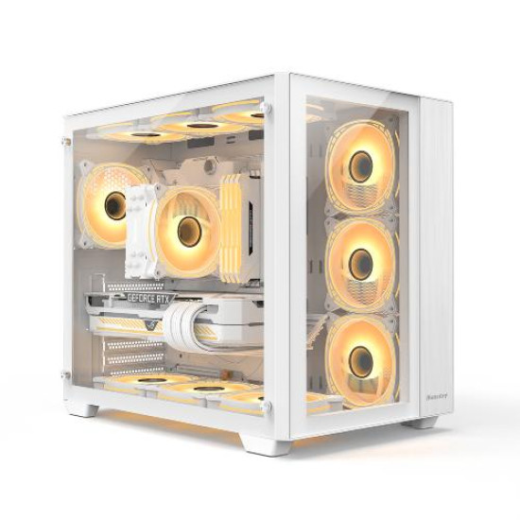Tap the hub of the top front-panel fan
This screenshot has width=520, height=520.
pyautogui.click(x=360, y=166)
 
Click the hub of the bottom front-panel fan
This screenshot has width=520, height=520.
pyautogui.click(x=360, y=360)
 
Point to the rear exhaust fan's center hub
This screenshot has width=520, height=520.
pyautogui.click(x=115, y=203)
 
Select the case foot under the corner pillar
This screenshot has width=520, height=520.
pyautogui.click(x=257, y=442)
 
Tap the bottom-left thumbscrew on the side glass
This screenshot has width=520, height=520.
pyautogui.click(x=66, y=375)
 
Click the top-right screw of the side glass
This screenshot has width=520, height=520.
pyautogui.click(x=267, y=108)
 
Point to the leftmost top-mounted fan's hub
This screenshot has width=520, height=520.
pyautogui.click(x=142, y=134)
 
